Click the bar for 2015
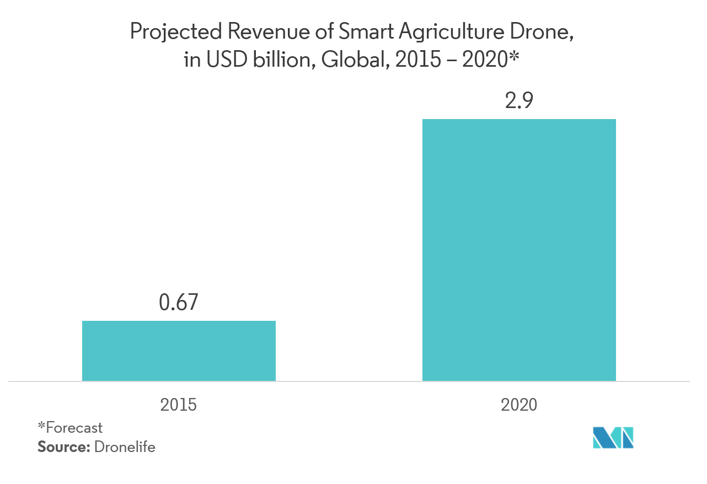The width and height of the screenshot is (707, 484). click(x=179, y=351)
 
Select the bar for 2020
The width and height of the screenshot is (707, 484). click(x=519, y=250)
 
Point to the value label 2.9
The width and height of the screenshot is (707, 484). click(x=519, y=101)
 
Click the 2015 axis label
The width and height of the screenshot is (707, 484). click(x=178, y=405)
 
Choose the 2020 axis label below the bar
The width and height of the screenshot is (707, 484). click(x=519, y=405)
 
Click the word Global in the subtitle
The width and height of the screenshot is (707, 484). click(x=351, y=59)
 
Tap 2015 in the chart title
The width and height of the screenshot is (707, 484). click(x=417, y=59)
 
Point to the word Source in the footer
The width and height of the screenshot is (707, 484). click(x=62, y=447)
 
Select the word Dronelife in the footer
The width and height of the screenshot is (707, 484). click(x=125, y=447)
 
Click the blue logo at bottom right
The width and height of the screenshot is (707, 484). click(x=613, y=438)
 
